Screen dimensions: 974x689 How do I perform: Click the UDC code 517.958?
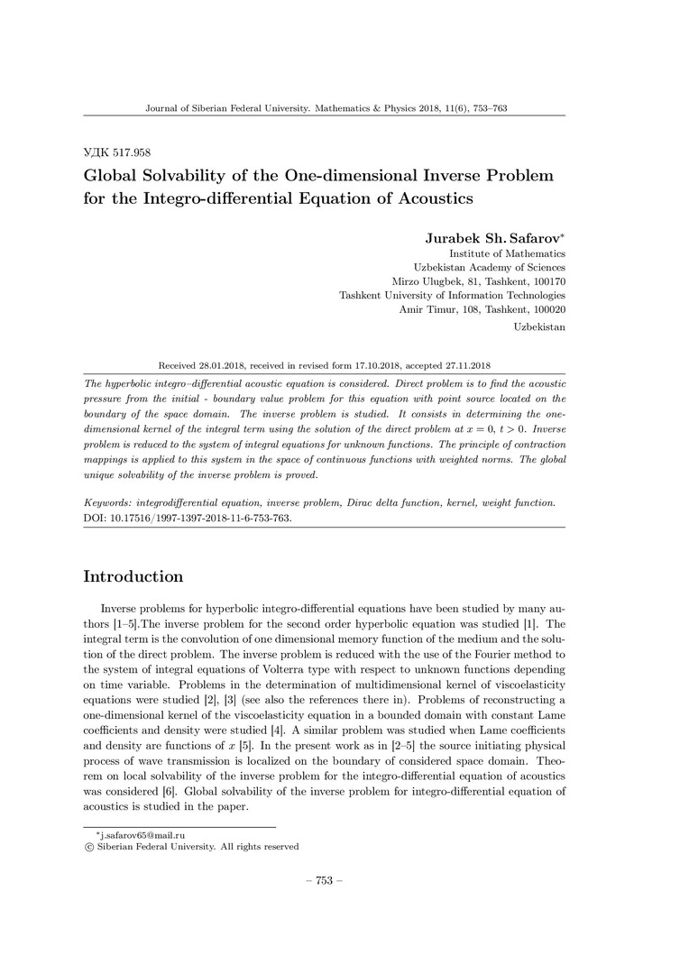[x=118, y=152]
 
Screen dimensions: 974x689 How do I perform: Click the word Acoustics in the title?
[x=429, y=196]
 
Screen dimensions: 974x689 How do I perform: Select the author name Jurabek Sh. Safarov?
[x=494, y=238]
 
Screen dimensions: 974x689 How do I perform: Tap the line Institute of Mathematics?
[x=508, y=253]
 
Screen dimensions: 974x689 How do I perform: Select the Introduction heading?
[x=133, y=576]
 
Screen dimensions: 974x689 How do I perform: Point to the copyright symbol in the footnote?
[x=87, y=847]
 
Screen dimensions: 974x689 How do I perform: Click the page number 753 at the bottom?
[x=325, y=880]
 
